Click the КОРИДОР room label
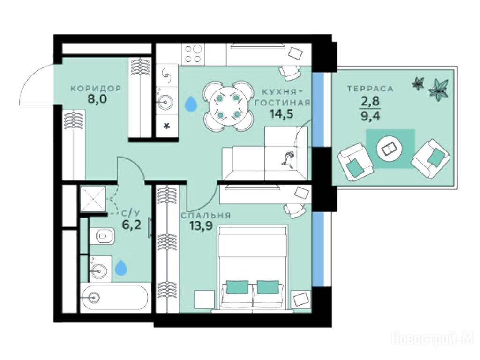[x=96, y=89]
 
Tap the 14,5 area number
[x=281, y=114]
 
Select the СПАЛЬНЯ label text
[x=205, y=216]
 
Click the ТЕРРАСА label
[x=370, y=89]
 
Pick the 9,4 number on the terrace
[x=370, y=116]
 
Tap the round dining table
[x=228, y=106]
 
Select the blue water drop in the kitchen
[x=191, y=104]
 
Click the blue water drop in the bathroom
[x=121, y=268]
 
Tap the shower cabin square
[x=93, y=199]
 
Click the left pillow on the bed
[x=237, y=287]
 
